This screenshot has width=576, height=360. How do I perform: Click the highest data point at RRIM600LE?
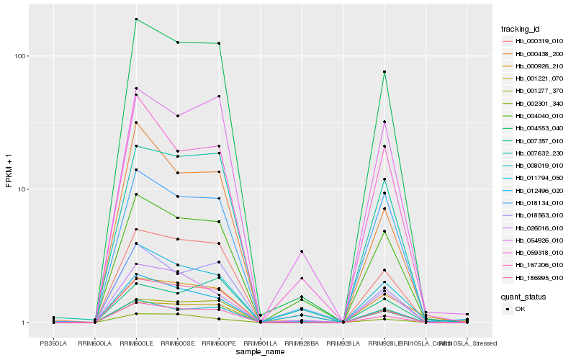click(x=136, y=19)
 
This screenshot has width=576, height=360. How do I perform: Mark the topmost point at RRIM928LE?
click(x=384, y=72)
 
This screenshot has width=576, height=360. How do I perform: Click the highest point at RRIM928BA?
click(x=302, y=251)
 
